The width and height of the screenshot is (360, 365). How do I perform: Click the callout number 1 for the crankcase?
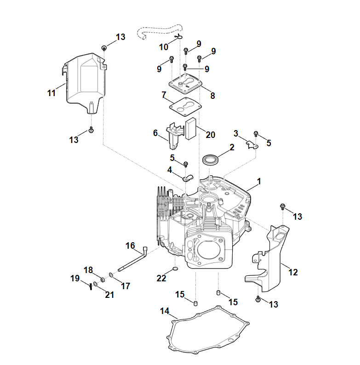click(259, 182)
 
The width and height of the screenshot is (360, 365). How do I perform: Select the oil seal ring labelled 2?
click(211, 160)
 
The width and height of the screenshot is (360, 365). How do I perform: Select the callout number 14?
click(165, 311)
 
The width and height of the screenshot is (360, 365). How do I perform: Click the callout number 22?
click(161, 278)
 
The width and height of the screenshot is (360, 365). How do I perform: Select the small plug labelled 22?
click(175, 268)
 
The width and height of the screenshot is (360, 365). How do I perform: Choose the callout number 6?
click(155, 133)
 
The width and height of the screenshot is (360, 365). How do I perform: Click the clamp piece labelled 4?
click(187, 177)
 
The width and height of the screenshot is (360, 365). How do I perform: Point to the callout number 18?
click(88, 269)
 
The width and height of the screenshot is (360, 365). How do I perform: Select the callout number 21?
click(109, 295)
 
